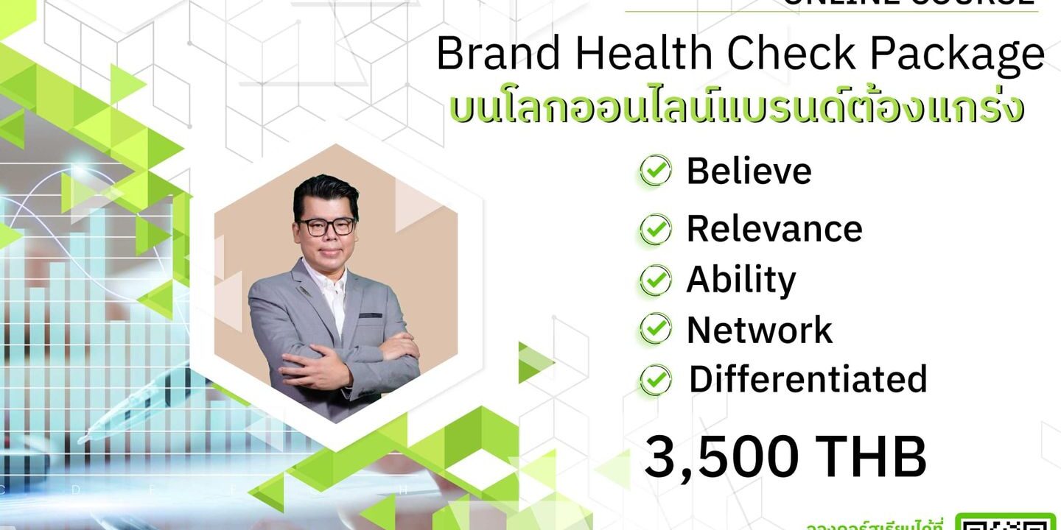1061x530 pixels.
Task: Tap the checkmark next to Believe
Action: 655,172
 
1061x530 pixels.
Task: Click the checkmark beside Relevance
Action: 655,229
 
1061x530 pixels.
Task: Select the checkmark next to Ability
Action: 655,280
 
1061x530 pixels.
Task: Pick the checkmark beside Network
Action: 655,329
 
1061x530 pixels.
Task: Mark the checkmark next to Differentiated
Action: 655,380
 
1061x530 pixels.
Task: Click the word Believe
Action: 749,171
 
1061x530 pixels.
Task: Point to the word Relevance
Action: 774,228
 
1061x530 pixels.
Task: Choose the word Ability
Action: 741,280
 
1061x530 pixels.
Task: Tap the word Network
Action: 760,330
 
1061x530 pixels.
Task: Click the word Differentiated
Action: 808,379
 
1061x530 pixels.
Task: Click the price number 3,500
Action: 721,457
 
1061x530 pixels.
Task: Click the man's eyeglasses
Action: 325,226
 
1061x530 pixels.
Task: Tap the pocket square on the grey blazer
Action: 370,315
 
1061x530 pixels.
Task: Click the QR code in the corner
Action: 1006,522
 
